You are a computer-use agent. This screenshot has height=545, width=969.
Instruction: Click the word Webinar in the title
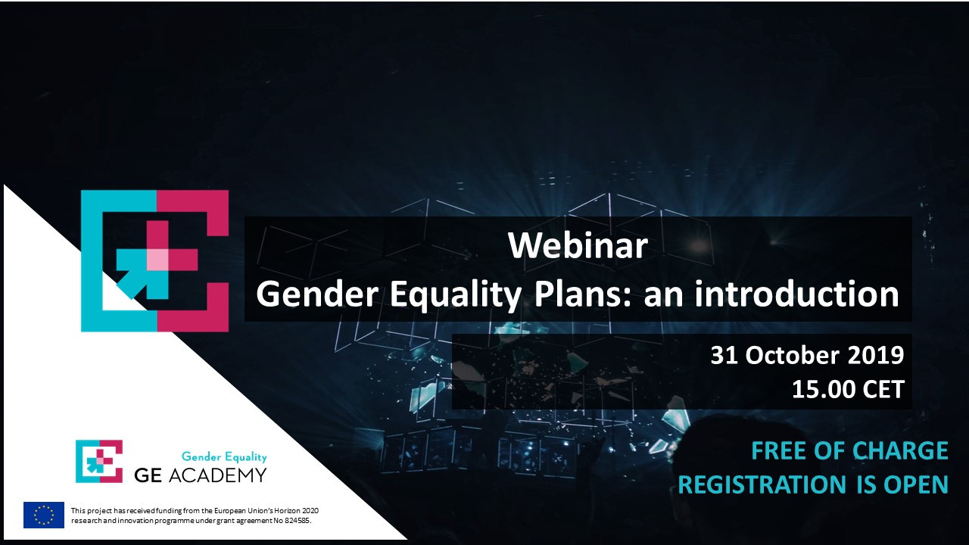click(578, 246)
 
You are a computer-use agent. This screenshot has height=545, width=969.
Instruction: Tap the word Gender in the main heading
click(317, 294)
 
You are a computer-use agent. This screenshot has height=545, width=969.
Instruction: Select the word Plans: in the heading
click(584, 294)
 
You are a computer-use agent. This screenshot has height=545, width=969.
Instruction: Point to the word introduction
click(797, 294)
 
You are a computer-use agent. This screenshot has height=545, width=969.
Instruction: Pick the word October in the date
click(793, 355)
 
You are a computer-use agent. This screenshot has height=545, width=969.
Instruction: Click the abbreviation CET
click(883, 389)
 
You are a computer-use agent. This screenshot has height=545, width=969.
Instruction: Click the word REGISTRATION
click(762, 484)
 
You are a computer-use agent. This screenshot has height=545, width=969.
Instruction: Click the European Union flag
click(44, 515)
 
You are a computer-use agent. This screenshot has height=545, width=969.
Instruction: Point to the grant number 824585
click(297, 520)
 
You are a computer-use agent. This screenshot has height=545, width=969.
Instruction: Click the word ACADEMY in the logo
click(217, 475)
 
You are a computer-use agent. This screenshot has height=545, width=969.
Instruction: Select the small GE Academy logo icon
click(99, 461)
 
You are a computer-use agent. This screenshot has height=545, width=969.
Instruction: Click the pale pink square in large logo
click(157, 260)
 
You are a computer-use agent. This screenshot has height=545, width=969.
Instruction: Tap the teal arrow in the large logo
click(139, 272)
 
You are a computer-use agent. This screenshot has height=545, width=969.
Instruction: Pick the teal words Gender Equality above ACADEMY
click(224, 456)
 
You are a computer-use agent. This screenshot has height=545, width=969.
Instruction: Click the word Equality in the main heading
click(456, 294)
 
